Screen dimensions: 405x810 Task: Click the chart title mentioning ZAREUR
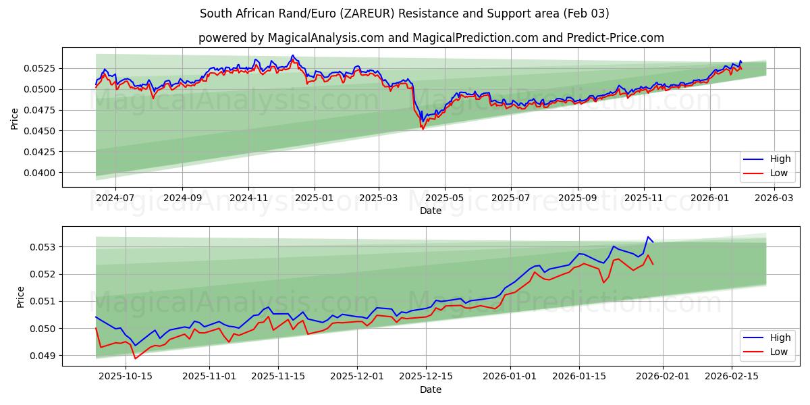[405, 13]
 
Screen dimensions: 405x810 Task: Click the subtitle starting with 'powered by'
[431, 38]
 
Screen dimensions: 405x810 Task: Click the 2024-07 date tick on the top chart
[115, 198]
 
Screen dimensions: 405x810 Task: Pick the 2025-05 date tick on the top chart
[445, 198]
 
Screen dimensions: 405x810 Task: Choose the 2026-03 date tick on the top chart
[774, 198]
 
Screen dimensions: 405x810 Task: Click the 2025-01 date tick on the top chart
[314, 198]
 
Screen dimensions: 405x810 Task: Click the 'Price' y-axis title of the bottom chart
[21, 296]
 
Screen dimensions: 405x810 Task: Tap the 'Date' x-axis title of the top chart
[431, 211]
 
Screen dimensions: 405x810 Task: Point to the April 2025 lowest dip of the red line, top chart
[423, 129]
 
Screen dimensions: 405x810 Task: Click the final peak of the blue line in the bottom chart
[648, 237]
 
